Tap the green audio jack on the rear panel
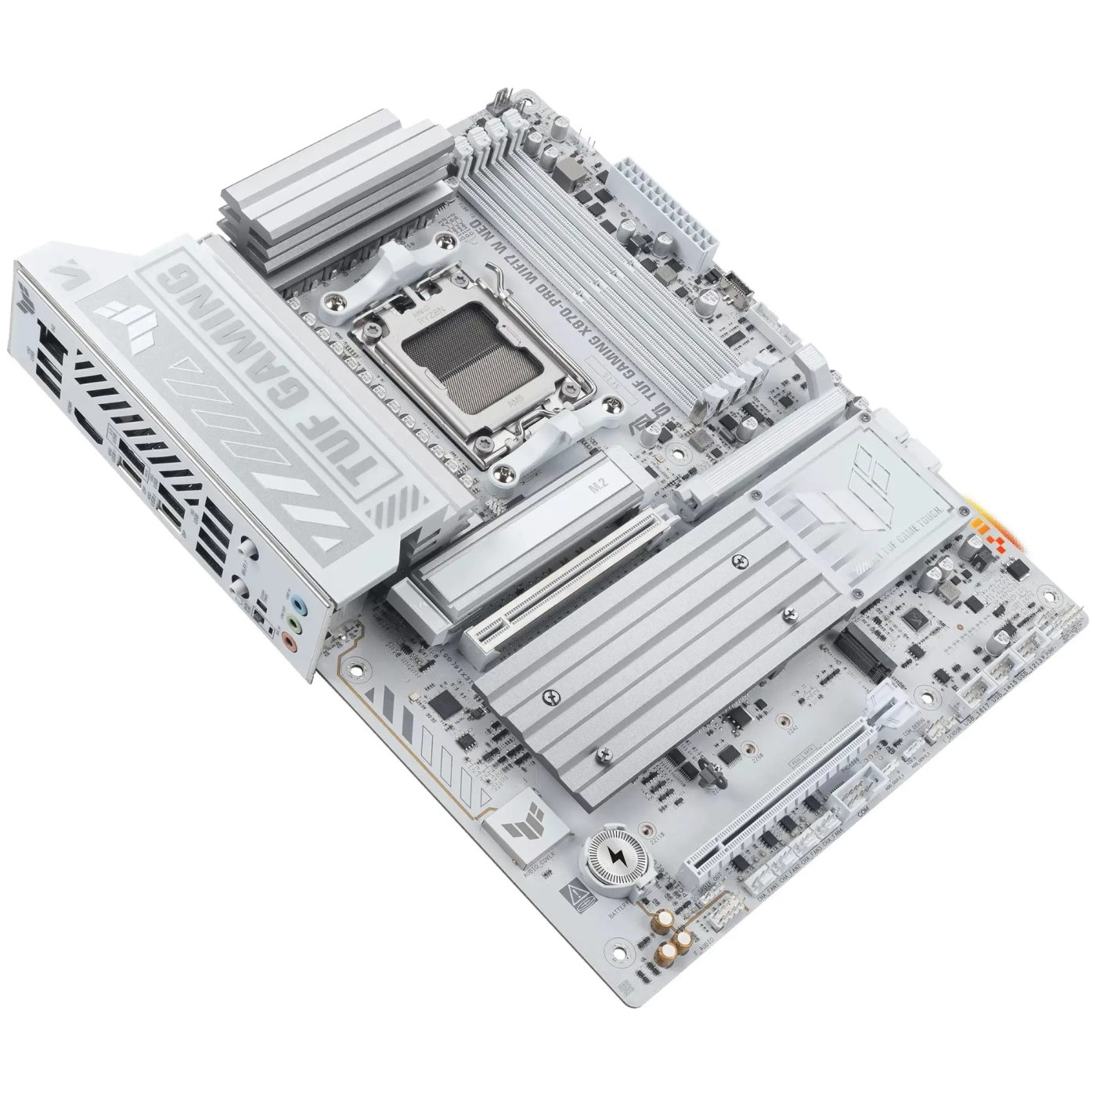coord(292,624)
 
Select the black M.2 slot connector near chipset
coord(866,654)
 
